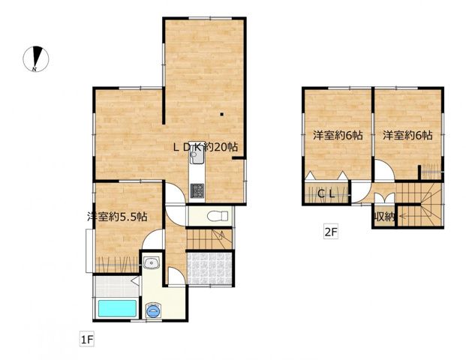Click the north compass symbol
[36, 59]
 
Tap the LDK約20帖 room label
[206, 147]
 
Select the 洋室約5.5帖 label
[117, 217]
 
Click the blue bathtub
[117, 308]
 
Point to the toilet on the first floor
[218, 216]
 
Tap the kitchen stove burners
[197, 190]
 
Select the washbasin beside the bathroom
[152, 263]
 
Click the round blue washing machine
[153, 311]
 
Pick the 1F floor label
[87, 340]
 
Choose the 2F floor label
[331, 232]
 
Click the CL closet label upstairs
[326, 194]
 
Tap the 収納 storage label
[384, 217]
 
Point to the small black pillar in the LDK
[221, 114]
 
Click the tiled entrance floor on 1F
[210, 268]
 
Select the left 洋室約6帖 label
[338, 136]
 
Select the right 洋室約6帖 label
[407, 136]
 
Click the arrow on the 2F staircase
[416, 216]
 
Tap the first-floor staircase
[209, 238]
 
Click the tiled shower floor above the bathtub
[116, 286]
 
